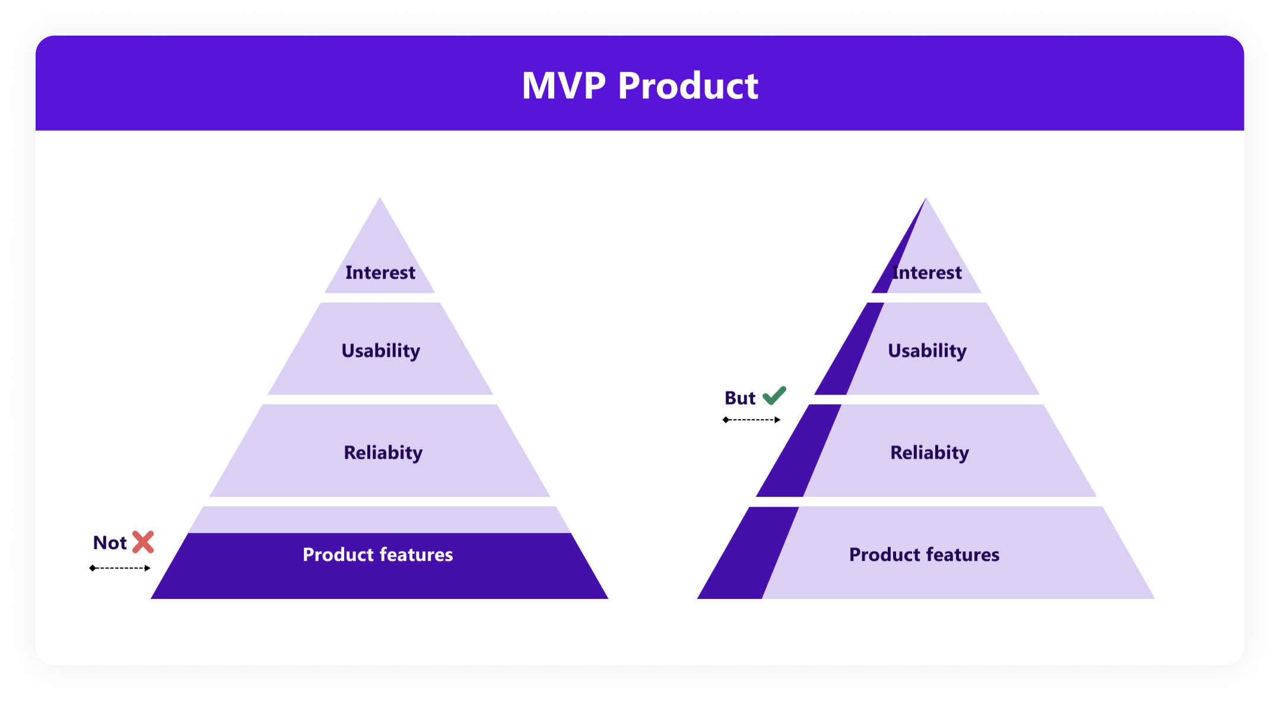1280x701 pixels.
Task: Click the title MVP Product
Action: coord(640,86)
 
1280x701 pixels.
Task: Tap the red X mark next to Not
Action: coord(143,542)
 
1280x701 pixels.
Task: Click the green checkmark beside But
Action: coord(774,395)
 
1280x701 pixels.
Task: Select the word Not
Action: coord(110,543)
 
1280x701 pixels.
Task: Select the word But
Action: coord(739,398)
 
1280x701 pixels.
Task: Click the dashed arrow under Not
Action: coord(120,568)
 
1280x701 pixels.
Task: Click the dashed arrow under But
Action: coord(751,420)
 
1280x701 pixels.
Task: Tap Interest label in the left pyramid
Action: coord(380,272)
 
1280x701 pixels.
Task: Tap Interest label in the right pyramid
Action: coord(927,272)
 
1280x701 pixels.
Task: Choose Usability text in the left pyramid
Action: coord(380,350)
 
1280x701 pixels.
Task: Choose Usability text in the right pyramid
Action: coord(927,350)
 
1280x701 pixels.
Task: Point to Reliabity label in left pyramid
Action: coord(383,452)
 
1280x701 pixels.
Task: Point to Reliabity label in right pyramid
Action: coord(929,452)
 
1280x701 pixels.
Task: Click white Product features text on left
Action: coord(377,554)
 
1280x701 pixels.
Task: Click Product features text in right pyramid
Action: coord(924,554)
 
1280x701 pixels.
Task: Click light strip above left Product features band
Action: coord(380,520)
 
